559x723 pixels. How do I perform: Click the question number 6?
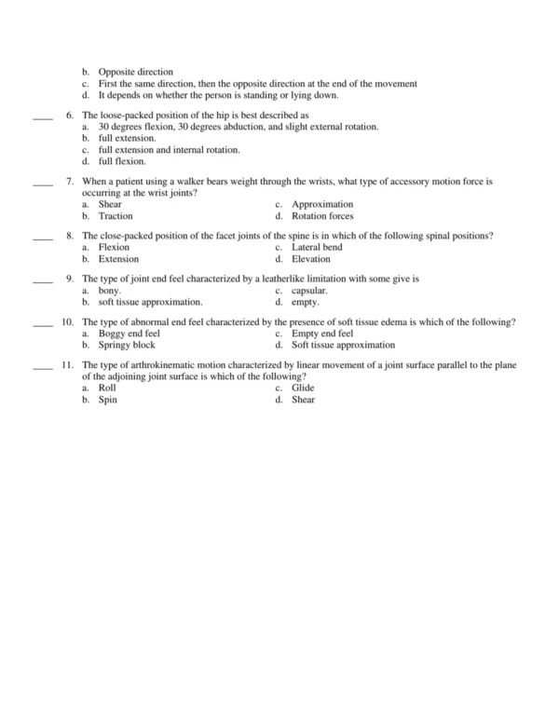(x=70, y=115)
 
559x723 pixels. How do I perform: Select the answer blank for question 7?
(x=42, y=184)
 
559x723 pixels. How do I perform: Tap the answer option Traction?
(x=116, y=215)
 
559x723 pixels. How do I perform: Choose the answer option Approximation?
(x=322, y=204)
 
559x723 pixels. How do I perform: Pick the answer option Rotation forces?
(x=322, y=215)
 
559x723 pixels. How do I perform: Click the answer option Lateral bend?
(x=317, y=248)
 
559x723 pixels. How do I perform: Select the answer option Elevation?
(x=311, y=259)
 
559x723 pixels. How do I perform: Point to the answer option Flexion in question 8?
(x=114, y=248)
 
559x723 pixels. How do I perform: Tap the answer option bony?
(x=110, y=291)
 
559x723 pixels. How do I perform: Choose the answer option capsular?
(x=309, y=291)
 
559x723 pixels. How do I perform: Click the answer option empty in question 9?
(x=306, y=302)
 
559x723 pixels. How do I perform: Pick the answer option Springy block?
(x=126, y=345)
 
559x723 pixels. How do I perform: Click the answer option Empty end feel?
(x=322, y=334)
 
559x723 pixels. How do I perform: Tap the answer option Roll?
(x=107, y=388)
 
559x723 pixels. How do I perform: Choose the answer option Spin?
(x=107, y=399)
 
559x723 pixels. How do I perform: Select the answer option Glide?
(x=304, y=388)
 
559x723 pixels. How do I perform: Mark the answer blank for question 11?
(x=42, y=366)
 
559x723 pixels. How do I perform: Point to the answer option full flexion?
(x=122, y=161)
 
